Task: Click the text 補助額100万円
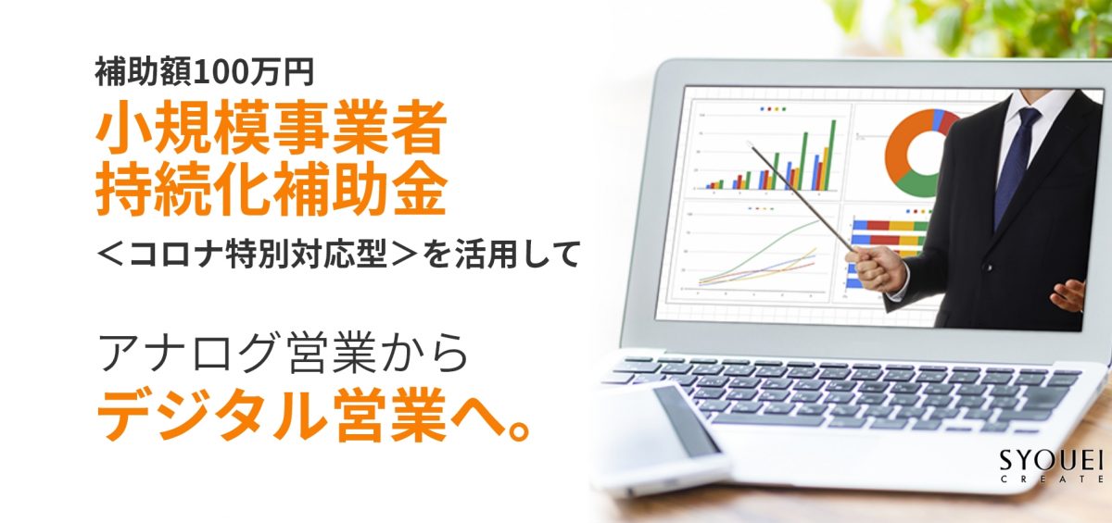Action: (x=204, y=72)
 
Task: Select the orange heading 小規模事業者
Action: (x=271, y=129)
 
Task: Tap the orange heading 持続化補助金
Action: (x=271, y=191)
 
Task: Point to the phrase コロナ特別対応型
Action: (x=259, y=254)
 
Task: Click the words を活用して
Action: (x=501, y=254)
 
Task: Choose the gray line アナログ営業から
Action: (x=284, y=354)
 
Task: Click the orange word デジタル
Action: (x=211, y=415)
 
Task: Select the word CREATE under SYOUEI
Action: (x=1052, y=479)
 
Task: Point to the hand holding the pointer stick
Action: (x=875, y=268)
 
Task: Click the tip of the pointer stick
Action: (x=748, y=143)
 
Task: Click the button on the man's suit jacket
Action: (x=989, y=268)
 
